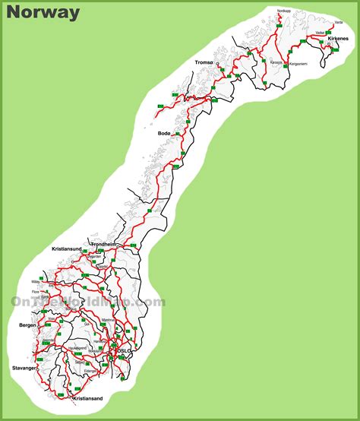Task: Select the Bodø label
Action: [x=164, y=133]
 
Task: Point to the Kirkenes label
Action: [x=338, y=59]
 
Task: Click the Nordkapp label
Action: [x=284, y=11]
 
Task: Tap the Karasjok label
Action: [x=276, y=62]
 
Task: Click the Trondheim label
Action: [x=103, y=244]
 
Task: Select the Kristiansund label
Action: [x=67, y=249]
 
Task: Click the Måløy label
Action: [x=36, y=282]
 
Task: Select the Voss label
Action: [x=55, y=323]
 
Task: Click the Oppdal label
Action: [x=94, y=258]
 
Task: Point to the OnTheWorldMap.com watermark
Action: [x=87, y=302]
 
